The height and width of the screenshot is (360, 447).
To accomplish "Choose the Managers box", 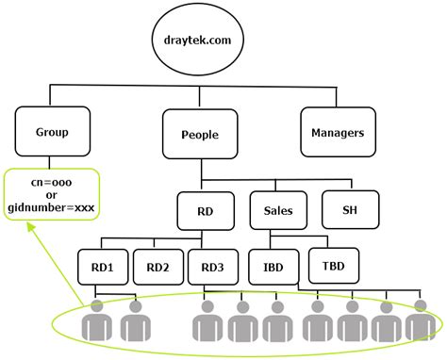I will click(338, 133).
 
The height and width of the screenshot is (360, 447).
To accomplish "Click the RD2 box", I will click(157, 266).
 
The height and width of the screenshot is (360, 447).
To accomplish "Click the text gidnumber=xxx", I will click(53, 205).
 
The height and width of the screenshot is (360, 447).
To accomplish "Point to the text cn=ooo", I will click(53, 179).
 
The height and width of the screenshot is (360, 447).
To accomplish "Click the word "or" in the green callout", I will click(53, 192).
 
